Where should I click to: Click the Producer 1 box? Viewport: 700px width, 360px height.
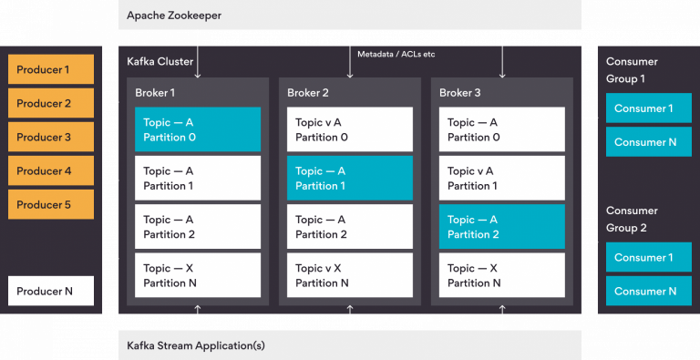coord(51,70)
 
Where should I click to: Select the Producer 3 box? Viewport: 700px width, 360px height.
coord(51,137)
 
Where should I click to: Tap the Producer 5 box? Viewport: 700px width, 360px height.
coord(51,204)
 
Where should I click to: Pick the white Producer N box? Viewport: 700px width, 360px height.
coord(51,291)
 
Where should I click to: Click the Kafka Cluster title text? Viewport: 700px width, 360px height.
coord(160,61)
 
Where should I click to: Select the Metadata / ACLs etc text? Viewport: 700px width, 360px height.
coord(396,55)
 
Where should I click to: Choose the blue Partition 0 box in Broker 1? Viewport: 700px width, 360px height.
coord(198,129)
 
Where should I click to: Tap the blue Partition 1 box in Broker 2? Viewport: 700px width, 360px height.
coord(350,178)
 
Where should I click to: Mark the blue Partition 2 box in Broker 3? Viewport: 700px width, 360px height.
coord(501,227)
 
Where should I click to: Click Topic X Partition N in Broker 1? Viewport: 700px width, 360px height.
coord(198,275)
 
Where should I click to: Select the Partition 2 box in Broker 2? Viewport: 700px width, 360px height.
coord(350,227)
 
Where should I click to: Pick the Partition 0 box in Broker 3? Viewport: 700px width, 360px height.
coord(501,129)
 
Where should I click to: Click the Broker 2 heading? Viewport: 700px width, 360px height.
coord(308,92)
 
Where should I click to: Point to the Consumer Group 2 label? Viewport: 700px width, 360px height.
coord(632,219)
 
